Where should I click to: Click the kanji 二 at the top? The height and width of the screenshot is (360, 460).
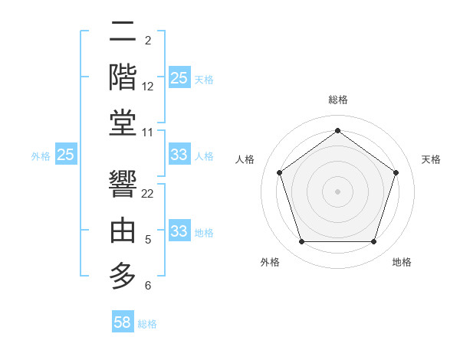point(123,33)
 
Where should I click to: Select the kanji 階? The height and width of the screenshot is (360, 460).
point(123,77)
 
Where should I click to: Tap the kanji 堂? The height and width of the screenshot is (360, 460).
point(123,123)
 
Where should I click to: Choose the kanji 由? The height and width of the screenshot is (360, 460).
point(123,231)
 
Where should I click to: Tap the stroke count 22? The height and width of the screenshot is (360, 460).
point(148,193)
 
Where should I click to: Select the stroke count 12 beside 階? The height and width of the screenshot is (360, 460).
point(148,87)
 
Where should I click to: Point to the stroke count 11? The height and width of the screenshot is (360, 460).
point(148,133)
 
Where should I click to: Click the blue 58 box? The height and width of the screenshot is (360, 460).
point(123,322)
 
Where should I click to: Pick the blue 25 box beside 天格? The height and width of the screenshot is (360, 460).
point(179,78)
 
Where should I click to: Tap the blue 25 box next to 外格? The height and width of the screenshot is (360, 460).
point(66,155)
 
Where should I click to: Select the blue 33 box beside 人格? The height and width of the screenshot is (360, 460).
point(179,155)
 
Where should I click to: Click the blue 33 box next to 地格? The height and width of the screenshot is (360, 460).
point(179,231)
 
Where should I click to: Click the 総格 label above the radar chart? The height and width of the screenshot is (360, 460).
point(338,100)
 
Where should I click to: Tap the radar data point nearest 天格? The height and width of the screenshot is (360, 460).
point(396,172)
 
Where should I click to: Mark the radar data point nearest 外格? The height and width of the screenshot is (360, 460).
point(301,242)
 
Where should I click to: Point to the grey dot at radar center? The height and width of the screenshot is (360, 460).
point(337,191)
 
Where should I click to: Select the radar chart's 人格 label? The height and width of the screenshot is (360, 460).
point(245,159)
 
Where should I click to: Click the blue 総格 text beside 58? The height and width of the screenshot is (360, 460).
point(147,324)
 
